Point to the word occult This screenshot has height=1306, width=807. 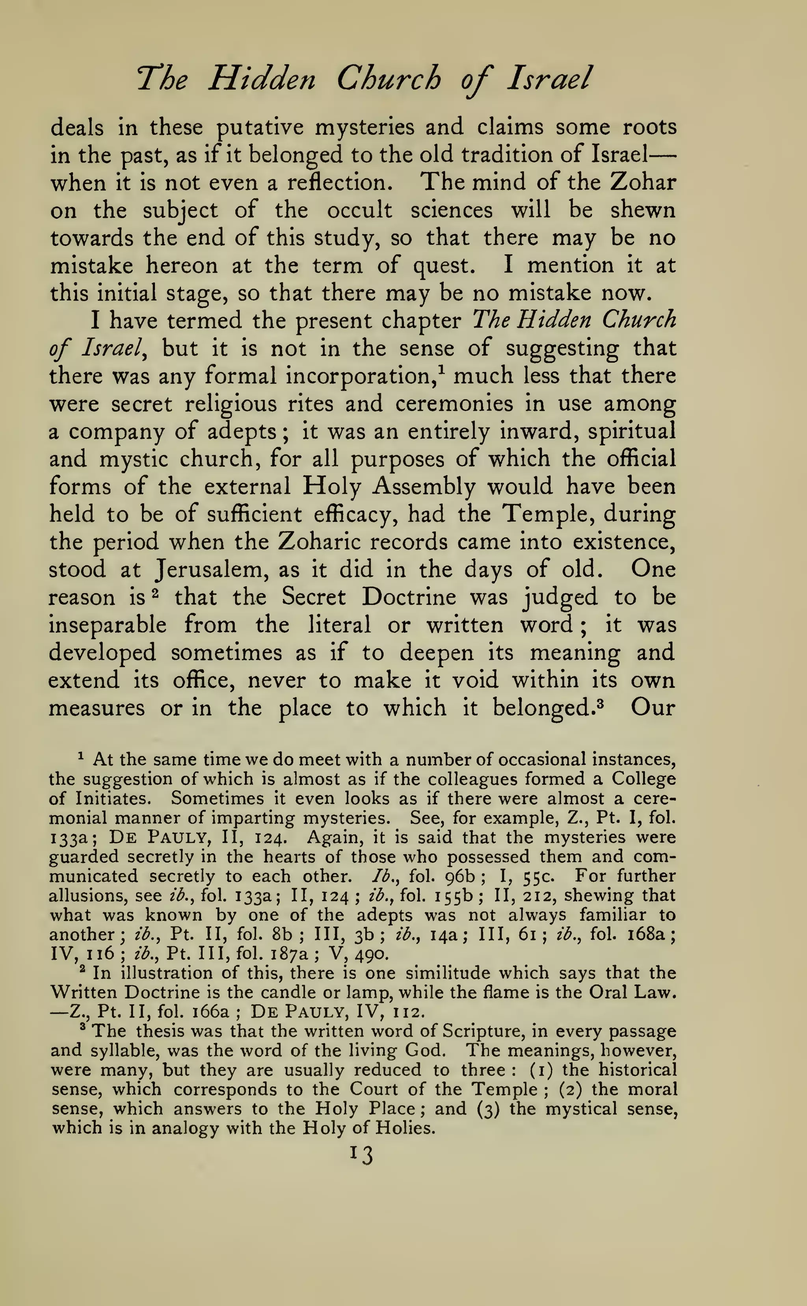click(359, 210)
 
